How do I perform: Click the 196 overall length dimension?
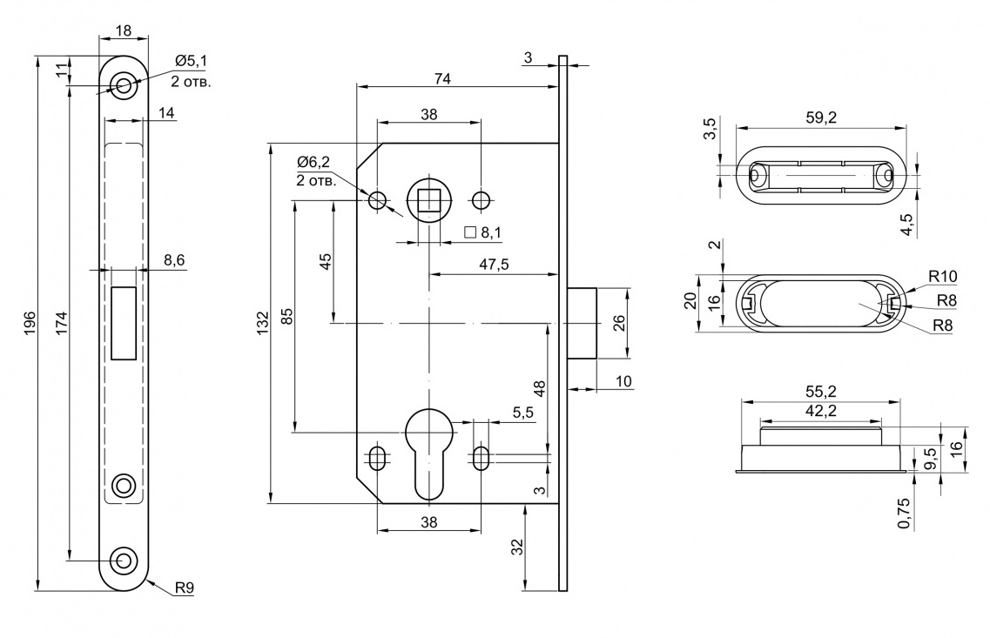30,324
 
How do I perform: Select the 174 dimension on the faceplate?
62,324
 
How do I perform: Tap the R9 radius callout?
184,588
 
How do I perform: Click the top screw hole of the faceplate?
124,84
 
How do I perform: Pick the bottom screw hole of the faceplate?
124,560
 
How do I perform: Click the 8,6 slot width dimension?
174,259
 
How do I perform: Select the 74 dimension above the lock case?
442,78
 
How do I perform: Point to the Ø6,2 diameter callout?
314,162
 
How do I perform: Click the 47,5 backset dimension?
494,265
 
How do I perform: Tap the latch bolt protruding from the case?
583,323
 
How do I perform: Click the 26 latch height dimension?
618,323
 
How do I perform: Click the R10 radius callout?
942,277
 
